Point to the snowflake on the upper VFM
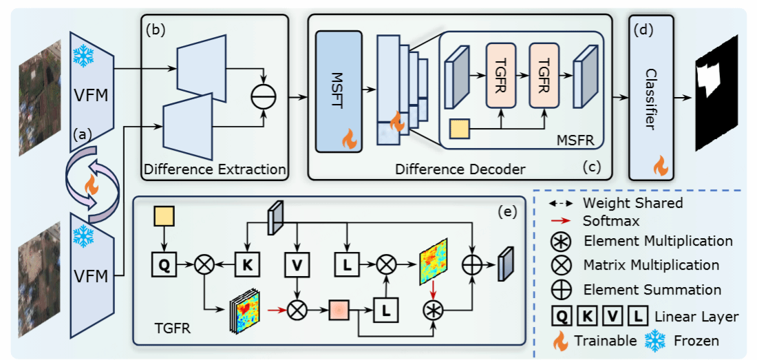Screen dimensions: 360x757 [83, 56]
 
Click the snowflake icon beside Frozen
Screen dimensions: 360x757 [654, 339]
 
